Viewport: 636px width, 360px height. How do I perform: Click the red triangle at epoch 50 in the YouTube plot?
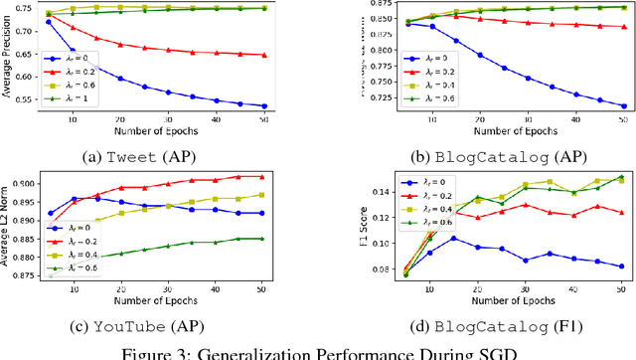[263, 176]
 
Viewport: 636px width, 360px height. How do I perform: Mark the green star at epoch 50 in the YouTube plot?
[263, 238]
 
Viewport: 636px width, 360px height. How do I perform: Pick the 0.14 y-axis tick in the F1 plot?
[359, 190]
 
